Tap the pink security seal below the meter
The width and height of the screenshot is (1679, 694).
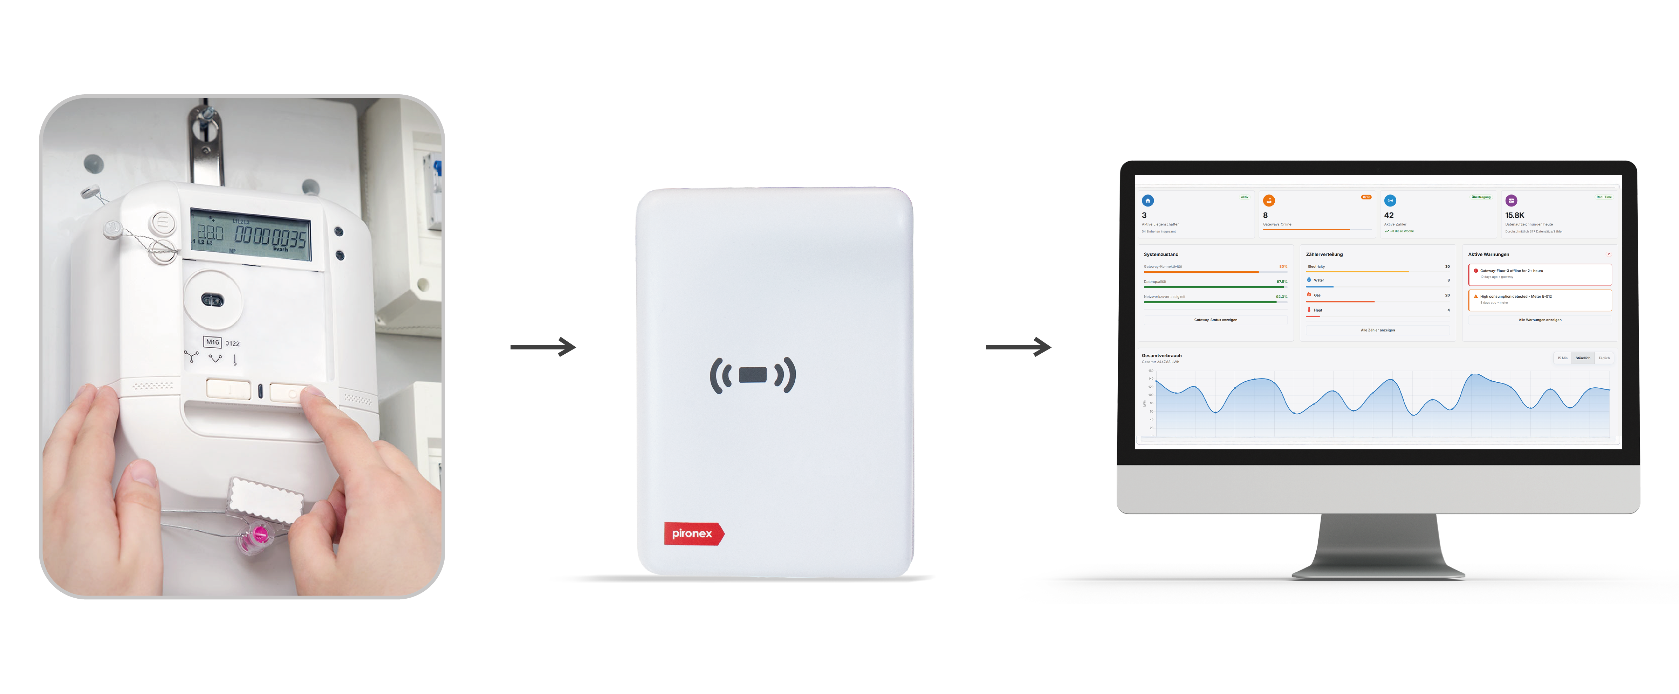coord(259,536)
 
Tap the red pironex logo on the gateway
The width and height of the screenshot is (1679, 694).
coord(693,533)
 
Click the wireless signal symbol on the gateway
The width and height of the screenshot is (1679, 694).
coord(753,375)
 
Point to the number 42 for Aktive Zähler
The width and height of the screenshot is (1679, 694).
coord(1389,215)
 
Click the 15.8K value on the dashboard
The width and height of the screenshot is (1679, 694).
coord(1515,215)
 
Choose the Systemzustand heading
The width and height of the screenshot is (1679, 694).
coord(1161,254)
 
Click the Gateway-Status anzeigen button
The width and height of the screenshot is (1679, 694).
coord(1215,320)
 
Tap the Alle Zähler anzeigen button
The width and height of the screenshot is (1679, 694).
coord(1378,330)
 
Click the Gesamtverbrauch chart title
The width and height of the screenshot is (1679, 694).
coord(1161,355)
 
